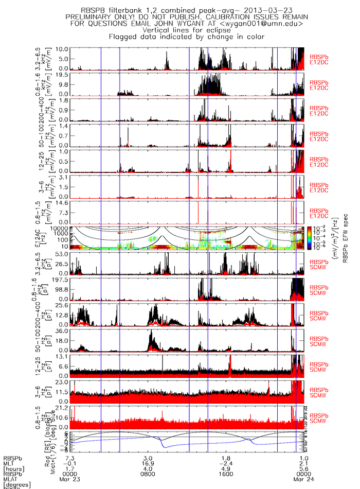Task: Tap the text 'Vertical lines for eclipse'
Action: pyautogui.click(x=177, y=30)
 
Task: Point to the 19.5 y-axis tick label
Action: pyautogui.click(x=62, y=75)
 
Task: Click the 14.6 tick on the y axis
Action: pyautogui.click(x=62, y=203)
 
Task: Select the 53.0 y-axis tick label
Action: pyautogui.click(x=62, y=254)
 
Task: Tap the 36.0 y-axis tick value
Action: pyautogui.click(x=62, y=331)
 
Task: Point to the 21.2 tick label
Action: pyautogui.click(x=62, y=408)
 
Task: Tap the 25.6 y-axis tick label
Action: pyautogui.click(x=62, y=306)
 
